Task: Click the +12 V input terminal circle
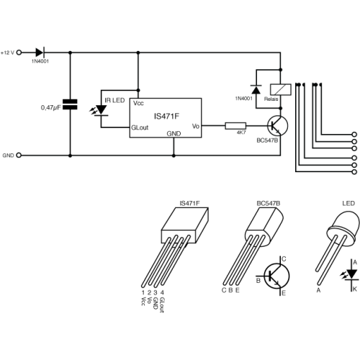point(19,53)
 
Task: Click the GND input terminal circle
point(19,156)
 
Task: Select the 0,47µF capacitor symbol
point(70,104)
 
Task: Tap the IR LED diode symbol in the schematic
point(101,110)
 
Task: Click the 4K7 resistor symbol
point(235,126)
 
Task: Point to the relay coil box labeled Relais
point(281,89)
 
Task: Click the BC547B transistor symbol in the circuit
point(277,126)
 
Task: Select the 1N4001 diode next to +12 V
point(40,53)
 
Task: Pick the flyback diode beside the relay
point(256,89)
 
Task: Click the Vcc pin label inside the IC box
point(138,103)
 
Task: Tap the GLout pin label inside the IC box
point(140,127)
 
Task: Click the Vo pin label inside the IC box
point(196,126)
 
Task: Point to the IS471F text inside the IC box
point(166,117)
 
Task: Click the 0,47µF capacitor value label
point(50,107)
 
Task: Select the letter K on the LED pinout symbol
point(355,289)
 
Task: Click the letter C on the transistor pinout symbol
point(284,259)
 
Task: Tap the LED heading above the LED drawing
point(348,204)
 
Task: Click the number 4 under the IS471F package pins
point(162,292)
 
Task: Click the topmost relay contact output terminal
point(354,135)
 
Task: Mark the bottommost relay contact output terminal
point(354,172)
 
